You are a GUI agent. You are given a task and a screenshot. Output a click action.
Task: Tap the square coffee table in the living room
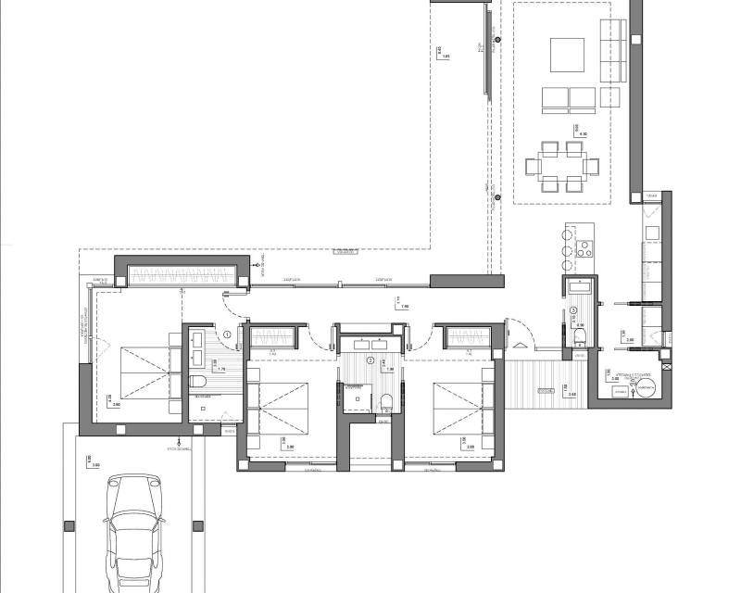566,55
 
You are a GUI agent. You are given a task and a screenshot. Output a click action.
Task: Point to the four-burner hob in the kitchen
584,247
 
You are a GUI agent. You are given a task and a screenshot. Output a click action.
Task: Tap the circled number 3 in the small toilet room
573,310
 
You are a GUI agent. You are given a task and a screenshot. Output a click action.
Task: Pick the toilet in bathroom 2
387,400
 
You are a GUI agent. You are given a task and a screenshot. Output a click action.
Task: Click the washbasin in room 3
580,285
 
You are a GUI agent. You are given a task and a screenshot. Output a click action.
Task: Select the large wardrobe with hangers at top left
181,274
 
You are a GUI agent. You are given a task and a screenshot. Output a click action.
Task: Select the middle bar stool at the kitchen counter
565,247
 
